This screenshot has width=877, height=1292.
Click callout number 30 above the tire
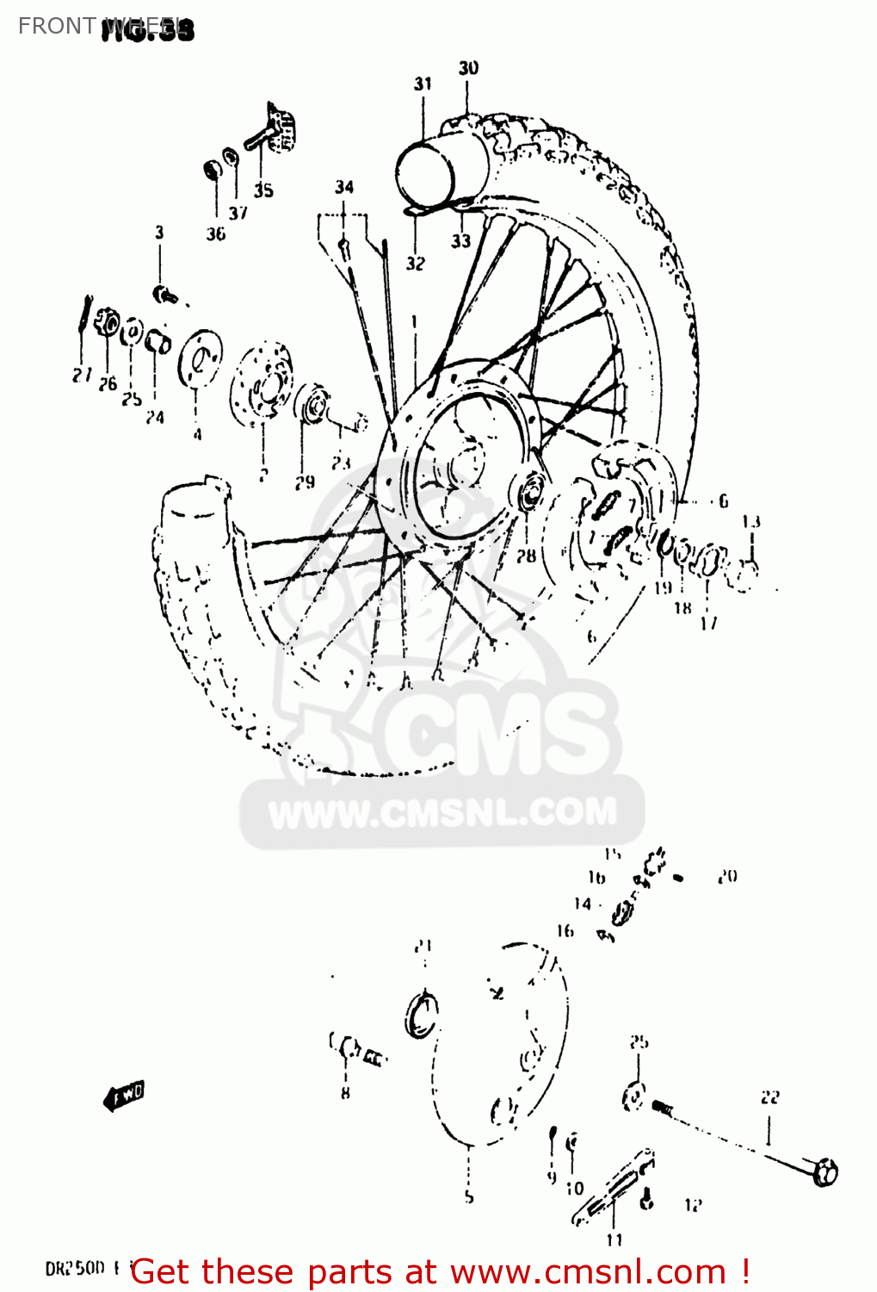[468, 68]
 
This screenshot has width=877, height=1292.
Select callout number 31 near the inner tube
[422, 84]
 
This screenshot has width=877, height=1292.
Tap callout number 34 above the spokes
[344, 187]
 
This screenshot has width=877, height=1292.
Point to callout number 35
[263, 190]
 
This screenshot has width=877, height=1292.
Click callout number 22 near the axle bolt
[769, 1096]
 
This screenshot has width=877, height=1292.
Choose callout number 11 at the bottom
[614, 1239]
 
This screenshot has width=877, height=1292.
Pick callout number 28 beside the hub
[526, 556]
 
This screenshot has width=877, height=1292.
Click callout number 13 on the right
[751, 521]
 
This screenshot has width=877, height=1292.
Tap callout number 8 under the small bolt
[345, 1093]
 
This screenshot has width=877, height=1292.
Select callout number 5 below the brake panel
[469, 1197]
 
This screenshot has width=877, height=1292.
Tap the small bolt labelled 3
[164, 295]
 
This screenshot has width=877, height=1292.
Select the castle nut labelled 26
[107, 324]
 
